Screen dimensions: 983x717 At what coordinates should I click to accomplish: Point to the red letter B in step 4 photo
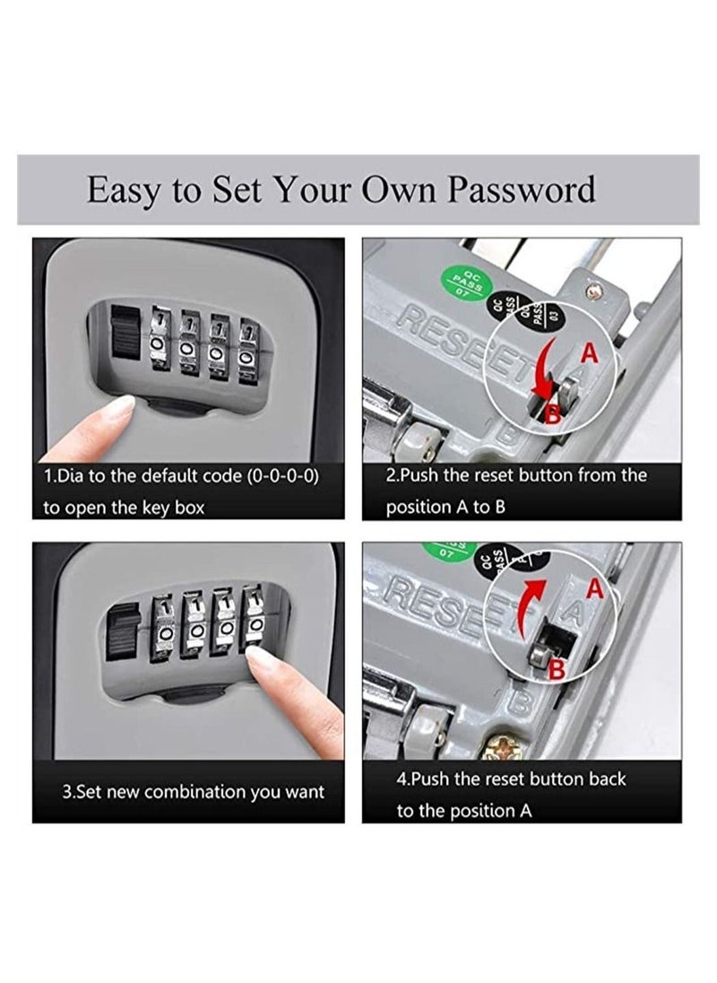click(556, 667)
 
